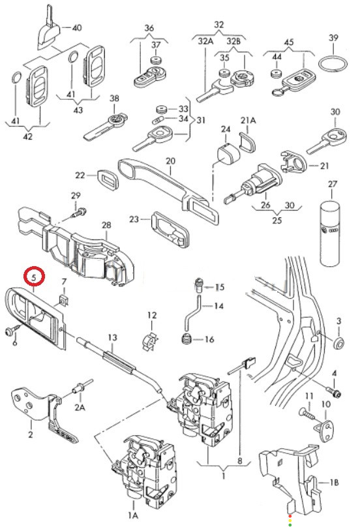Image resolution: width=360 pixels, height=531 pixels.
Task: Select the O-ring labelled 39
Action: (x=333, y=64)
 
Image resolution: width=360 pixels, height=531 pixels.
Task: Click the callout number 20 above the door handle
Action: (x=171, y=161)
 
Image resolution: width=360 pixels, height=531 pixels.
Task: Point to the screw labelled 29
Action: (x=79, y=213)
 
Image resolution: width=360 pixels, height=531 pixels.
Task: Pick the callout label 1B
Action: (x=335, y=482)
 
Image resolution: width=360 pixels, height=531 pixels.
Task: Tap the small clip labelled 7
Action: (x=63, y=299)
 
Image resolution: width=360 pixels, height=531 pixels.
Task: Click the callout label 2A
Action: (x=80, y=406)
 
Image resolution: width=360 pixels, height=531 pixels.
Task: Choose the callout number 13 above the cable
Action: (x=113, y=338)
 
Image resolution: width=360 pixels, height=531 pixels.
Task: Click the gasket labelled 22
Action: (x=108, y=179)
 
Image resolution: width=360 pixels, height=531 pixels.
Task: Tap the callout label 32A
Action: (x=206, y=41)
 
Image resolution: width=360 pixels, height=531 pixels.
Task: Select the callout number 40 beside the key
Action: (x=77, y=27)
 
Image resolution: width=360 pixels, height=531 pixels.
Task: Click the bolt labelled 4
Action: (x=336, y=393)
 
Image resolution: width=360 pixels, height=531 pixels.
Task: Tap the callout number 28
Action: (x=106, y=225)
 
